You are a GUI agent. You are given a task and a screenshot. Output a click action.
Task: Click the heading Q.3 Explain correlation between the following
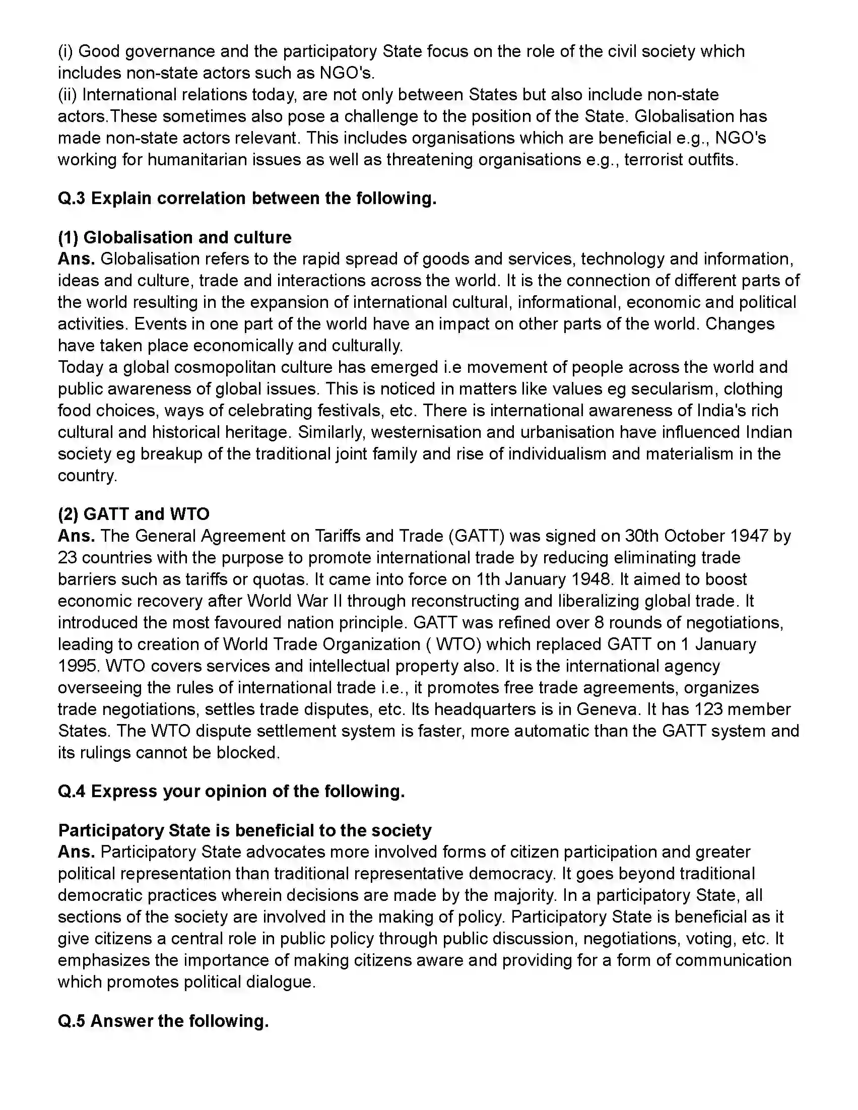click(x=247, y=198)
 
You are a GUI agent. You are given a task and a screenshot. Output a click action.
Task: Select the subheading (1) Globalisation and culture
click(x=174, y=237)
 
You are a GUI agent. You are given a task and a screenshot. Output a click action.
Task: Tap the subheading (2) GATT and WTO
click(x=133, y=514)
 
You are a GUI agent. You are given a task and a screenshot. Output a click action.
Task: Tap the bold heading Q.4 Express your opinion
click(x=231, y=792)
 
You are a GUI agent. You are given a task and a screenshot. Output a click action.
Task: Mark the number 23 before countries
click(x=67, y=558)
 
